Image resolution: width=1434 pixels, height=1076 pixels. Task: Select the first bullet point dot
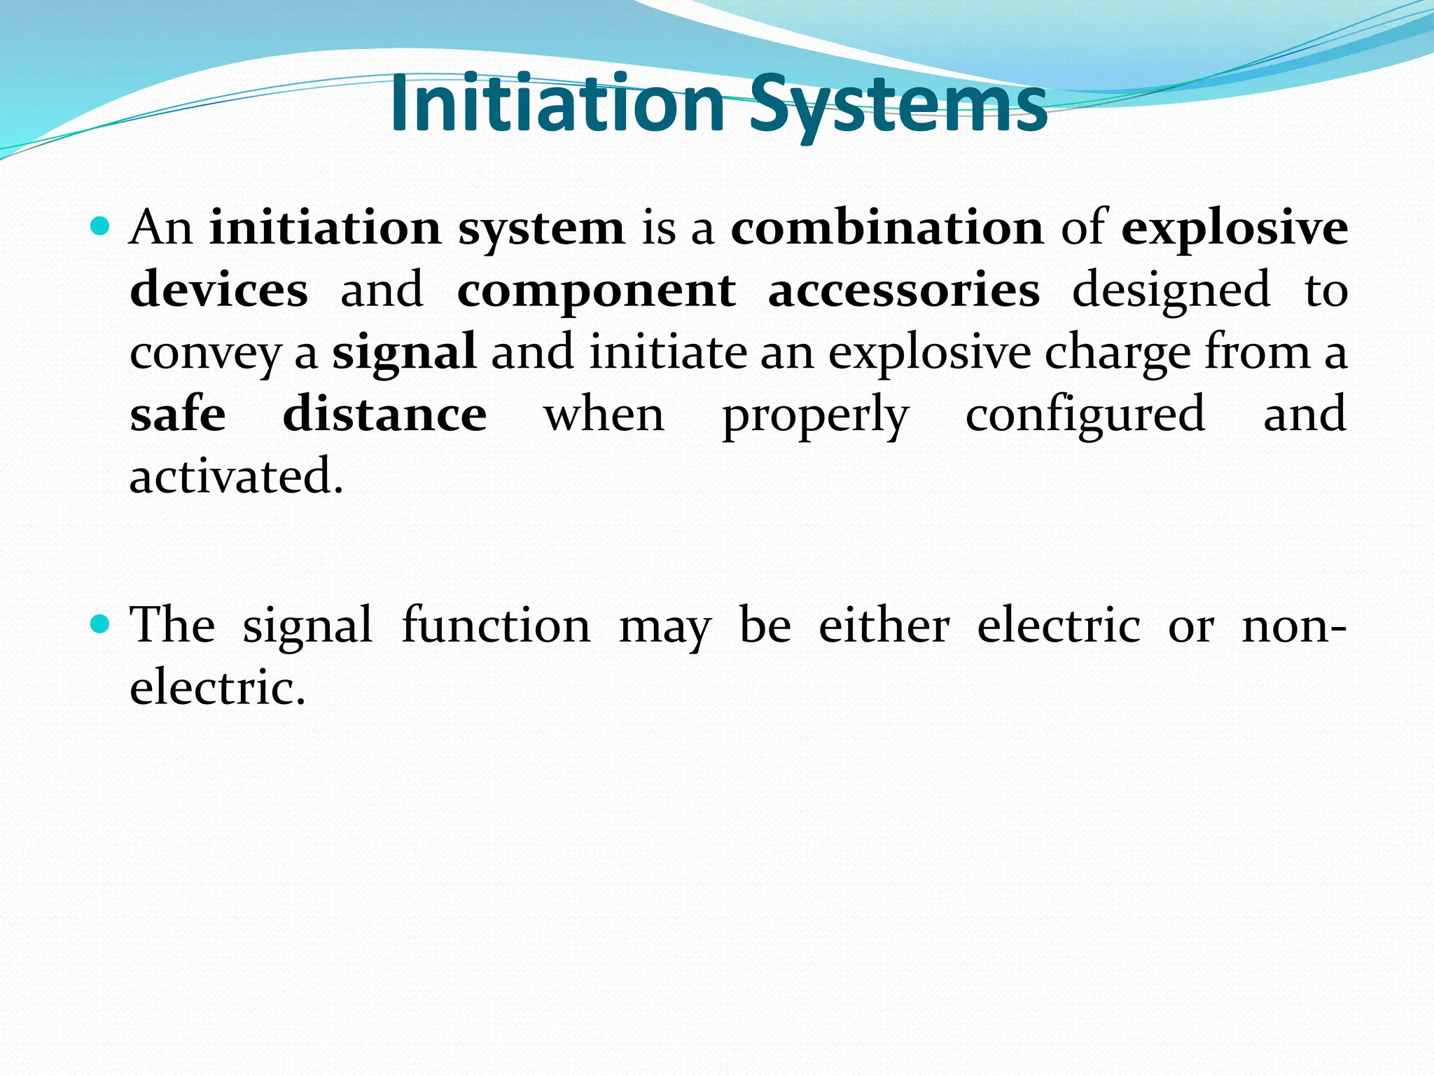(x=101, y=226)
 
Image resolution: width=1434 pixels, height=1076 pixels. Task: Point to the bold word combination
(x=887, y=228)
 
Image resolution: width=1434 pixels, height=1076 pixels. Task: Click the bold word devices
(x=218, y=289)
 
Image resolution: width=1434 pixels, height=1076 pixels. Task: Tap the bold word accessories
(x=903, y=289)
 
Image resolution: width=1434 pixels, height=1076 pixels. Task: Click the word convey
(x=204, y=353)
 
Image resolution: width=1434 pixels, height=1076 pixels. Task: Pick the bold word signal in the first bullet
(x=404, y=352)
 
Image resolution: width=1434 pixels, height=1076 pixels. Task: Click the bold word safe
(x=178, y=414)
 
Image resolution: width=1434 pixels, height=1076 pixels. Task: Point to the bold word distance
(x=384, y=414)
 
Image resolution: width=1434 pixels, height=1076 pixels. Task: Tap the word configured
(x=1085, y=415)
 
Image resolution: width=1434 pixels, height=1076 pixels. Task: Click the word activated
(x=237, y=476)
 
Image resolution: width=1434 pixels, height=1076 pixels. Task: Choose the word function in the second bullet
(x=496, y=625)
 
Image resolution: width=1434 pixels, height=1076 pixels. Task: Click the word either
(x=884, y=625)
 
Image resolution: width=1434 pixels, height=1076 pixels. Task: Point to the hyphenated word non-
(x=1293, y=626)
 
